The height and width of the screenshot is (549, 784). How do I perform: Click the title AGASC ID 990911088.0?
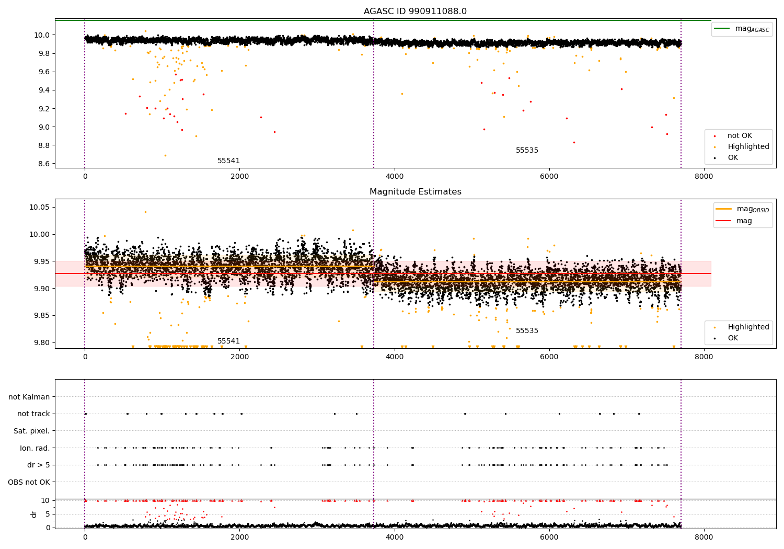pos(415,12)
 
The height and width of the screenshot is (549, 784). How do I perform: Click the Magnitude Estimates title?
pos(415,192)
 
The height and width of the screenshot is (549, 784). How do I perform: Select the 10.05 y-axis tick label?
pos(40,208)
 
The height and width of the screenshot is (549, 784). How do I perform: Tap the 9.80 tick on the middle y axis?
pos(42,342)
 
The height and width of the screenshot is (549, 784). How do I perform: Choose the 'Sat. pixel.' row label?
pos(31,431)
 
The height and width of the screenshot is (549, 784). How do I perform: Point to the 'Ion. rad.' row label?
pos(34,448)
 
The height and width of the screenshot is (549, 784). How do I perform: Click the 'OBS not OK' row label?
pos(29,482)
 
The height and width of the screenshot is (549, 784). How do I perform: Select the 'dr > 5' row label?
pos(38,465)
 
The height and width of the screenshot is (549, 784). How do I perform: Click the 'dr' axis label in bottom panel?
pos(34,514)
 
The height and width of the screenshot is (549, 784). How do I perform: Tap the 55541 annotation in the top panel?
pos(228,161)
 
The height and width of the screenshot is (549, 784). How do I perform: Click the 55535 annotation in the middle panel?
pos(527,331)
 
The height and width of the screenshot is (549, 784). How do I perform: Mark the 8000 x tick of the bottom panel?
pos(704,537)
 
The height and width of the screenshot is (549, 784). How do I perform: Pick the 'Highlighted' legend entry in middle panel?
pos(748,327)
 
